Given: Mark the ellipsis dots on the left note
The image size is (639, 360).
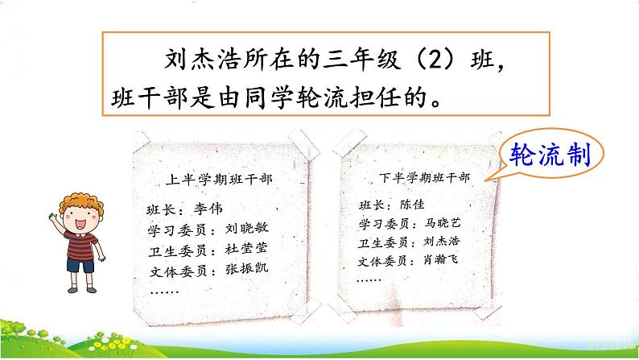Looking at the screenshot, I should click(164, 288).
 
